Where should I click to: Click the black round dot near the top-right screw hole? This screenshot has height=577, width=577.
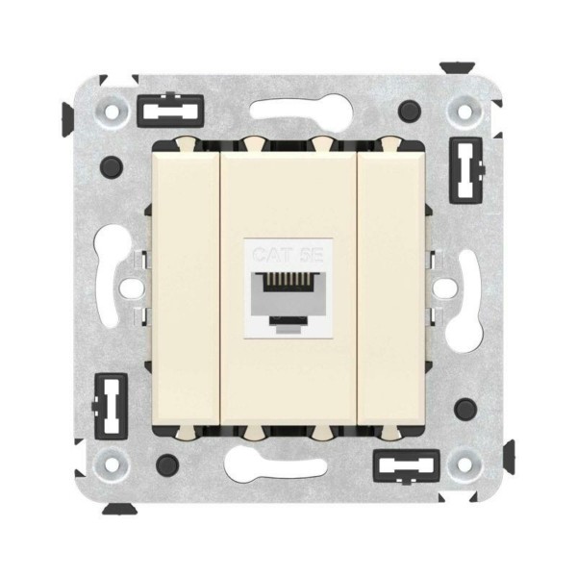pyautogui.click(x=412, y=110)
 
